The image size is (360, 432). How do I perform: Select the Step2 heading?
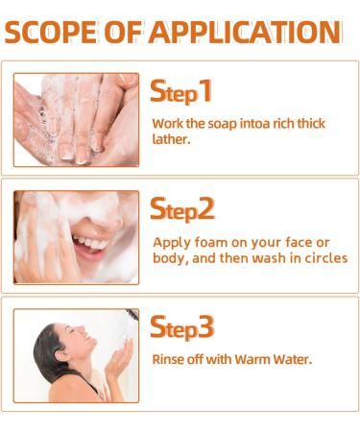(182, 208)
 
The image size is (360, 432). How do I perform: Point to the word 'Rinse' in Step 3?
(169, 360)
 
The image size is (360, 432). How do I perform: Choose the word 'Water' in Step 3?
(295, 360)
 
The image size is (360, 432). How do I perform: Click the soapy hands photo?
(76, 120)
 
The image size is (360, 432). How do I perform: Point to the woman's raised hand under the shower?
(121, 360)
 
